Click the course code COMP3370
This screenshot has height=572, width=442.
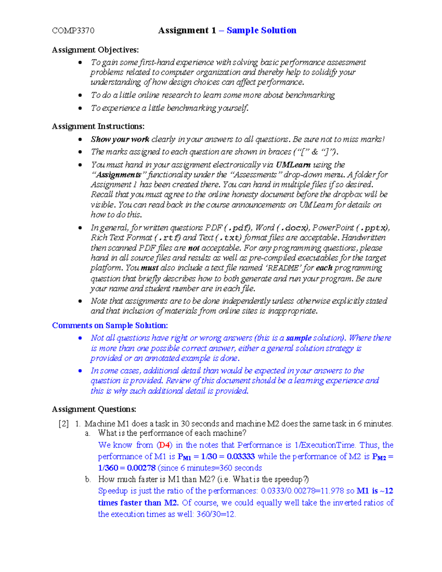pyautogui.click(x=73, y=31)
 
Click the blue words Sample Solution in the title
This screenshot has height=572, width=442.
pyautogui.click(x=261, y=30)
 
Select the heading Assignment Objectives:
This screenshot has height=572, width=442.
pyautogui.click(x=95, y=50)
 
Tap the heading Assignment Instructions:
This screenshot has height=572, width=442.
pyautogui.click(x=98, y=126)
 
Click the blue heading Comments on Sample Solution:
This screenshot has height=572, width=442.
pyautogui.click(x=110, y=325)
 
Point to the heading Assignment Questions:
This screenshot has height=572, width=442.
pyautogui.click(x=94, y=409)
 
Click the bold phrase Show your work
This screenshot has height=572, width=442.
pyautogui.click(x=120, y=139)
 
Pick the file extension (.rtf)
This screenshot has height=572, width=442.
pyautogui.click(x=168, y=238)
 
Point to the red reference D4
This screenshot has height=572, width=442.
pyautogui.click(x=164, y=445)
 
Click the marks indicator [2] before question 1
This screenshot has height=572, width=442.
pyautogui.click(x=63, y=424)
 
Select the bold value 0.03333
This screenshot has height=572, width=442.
pyautogui.click(x=241, y=456)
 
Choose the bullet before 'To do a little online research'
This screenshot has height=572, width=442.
pyautogui.click(x=80, y=95)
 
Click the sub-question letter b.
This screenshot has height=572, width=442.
pyautogui.click(x=87, y=480)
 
